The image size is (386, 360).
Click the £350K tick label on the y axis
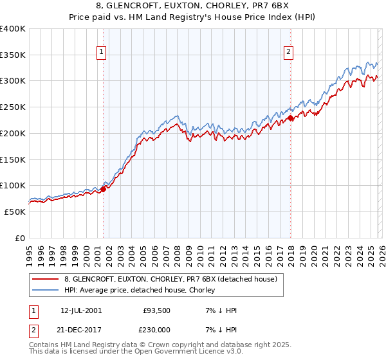13,55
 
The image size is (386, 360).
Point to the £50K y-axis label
15,212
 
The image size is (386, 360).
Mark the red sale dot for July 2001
103,189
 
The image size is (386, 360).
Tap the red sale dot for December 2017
290,118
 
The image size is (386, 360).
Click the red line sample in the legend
46,279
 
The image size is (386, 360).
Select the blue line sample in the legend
46,290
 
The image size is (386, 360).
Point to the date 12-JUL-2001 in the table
84,310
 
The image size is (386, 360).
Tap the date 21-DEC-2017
84,328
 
